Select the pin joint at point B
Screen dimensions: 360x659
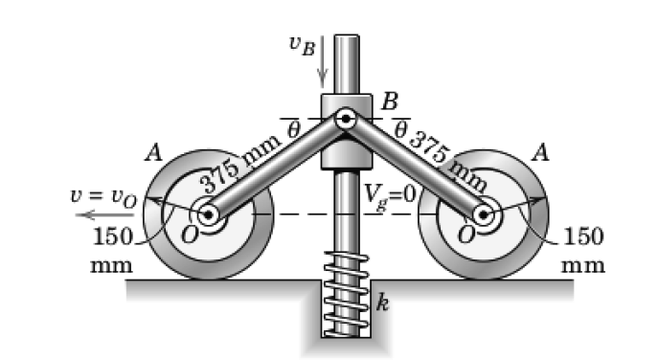[x=346, y=121]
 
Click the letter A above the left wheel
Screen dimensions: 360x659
[x=151, y=153]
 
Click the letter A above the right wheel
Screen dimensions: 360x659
[x=541, y=153]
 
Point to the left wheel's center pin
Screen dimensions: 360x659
[x=208, y=214]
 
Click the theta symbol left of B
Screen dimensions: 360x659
[x=294, y=125]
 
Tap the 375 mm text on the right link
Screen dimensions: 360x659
[x=446, y=157]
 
